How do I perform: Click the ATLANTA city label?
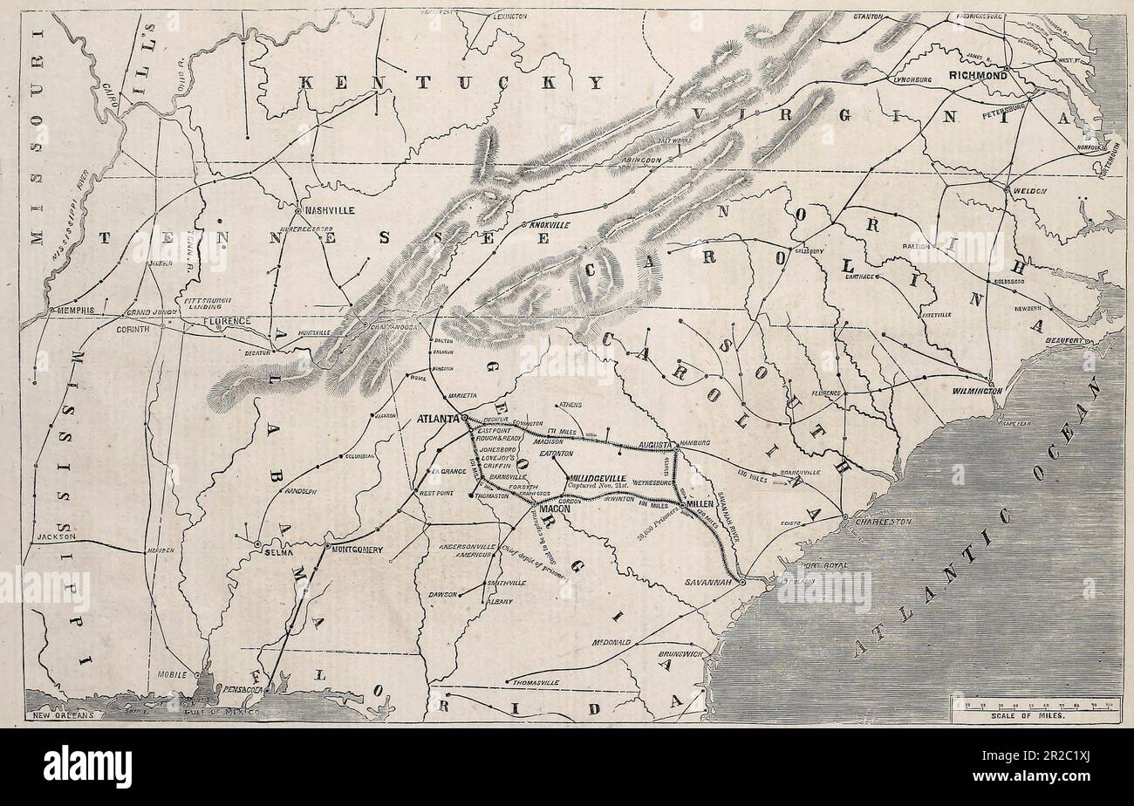[x=439, y=419]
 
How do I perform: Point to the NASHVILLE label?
[x=329, y=211]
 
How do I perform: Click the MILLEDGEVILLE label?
[x=608, y=479]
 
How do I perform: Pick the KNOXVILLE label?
[x=549, y=225]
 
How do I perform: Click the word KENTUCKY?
[x=450, y=83]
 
